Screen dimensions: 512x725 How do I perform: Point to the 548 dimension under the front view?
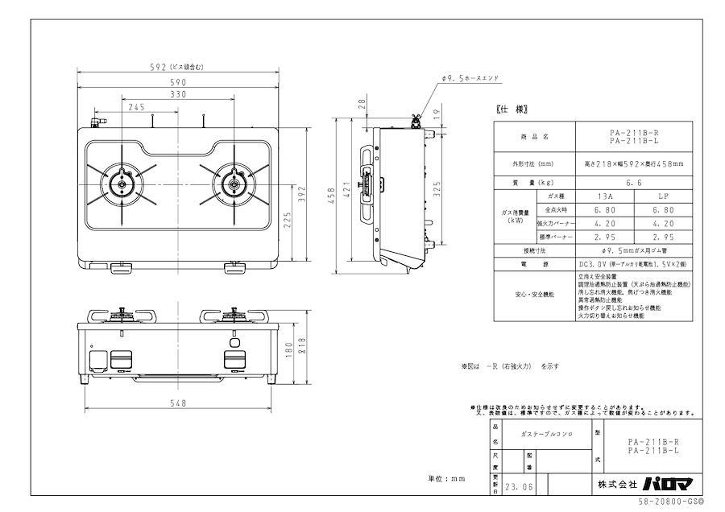coord(177,403)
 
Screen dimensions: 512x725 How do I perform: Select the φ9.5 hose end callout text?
coord(471,79)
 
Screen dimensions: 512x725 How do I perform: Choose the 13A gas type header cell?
coord(604,196)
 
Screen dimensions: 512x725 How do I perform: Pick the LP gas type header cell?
coord(662,196)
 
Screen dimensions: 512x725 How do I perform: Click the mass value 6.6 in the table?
coord(633,183)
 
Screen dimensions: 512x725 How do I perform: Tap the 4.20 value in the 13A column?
coord(604,224)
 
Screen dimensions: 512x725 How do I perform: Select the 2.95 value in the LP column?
coord(662,237)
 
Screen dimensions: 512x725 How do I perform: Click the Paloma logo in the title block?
coord(665,484)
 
